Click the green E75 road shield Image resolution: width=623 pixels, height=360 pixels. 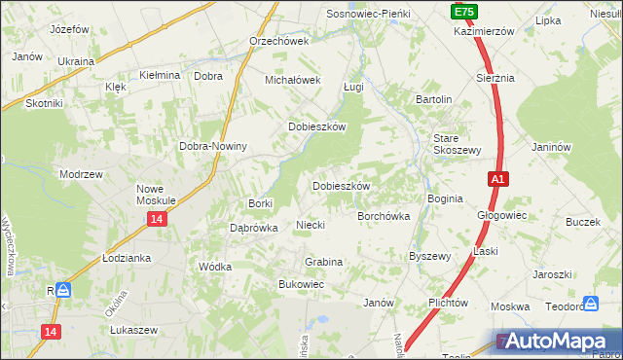pos(464,11)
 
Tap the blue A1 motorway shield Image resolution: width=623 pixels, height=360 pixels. pos(497,179)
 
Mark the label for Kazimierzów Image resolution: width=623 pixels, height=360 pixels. pos(484,31)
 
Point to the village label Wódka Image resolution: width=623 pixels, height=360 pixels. pos(214,266)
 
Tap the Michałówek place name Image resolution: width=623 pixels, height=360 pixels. pos(293,80)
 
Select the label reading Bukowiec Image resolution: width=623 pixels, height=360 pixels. pos(301,284)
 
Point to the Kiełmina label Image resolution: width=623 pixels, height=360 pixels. pos(161,75)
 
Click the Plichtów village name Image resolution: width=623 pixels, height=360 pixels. pos(449,303)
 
